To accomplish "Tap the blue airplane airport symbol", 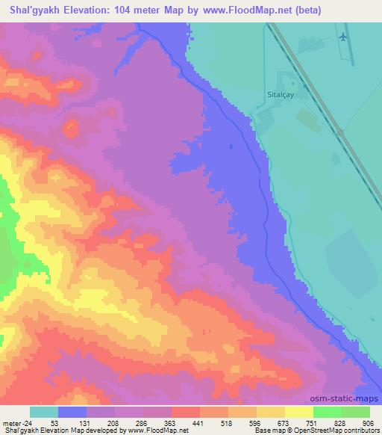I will pyautogui.click(x=342, y=35).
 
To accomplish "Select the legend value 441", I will pyautogui.click(x=197, y=423).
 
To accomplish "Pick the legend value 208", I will pyautogui.click(x=111, y=423).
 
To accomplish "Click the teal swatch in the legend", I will pyautogui.click(x=44, y=412).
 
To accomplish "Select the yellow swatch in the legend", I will pyautogui.click(x=298, y=412).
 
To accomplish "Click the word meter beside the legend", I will pyautogui.click(x=13, y=423).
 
